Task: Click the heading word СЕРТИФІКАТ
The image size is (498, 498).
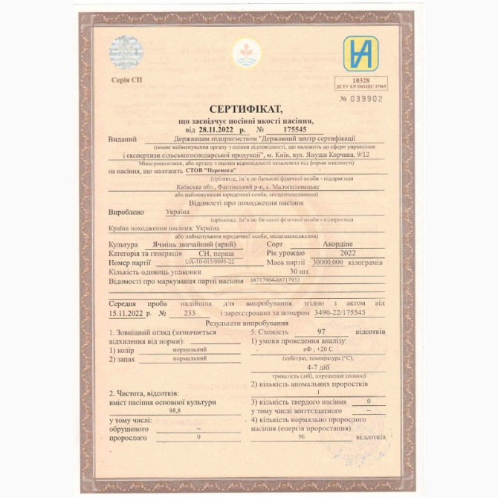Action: point(246,109)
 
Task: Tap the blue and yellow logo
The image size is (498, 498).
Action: point(360,53)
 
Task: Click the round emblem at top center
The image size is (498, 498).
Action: point(246,54)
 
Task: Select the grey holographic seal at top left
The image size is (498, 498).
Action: point(126,52)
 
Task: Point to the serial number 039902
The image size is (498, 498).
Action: point(366,98)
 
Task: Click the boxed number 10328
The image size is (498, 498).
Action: point(360,80)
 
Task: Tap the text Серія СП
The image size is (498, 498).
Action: point(126,80)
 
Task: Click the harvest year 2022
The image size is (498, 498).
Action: point(347,253)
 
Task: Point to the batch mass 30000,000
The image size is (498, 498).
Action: point(334,262)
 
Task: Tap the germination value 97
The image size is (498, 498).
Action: point(321,332)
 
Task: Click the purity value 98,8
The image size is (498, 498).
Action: point(175,410)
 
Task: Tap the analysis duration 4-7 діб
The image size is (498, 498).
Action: point(317,367)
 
